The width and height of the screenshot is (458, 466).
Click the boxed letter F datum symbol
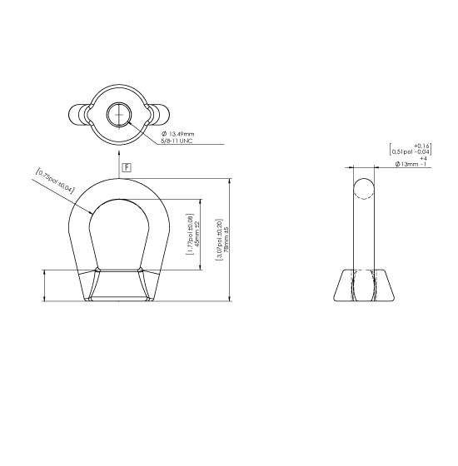(126, 168)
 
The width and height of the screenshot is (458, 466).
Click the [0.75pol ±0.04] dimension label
(55, 181)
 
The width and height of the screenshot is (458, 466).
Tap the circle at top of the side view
(363, 189)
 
